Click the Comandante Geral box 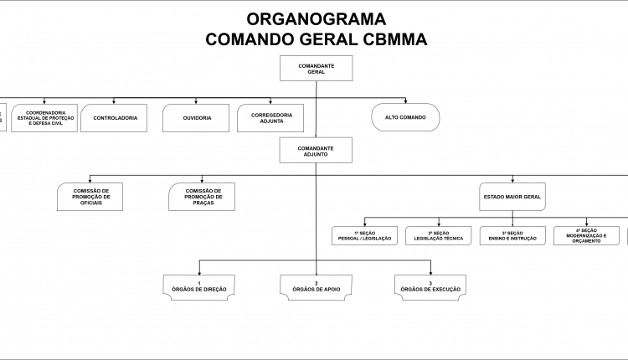coord(316,68)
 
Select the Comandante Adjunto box coord(316,151)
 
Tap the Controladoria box coord(115,118)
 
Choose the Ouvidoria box coord(197,118)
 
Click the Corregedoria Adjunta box coord(271,118)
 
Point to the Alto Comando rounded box coord(405,118)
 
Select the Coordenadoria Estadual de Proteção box coord(46,118)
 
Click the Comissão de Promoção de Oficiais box coord(91,198)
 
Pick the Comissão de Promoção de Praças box coord(202,198)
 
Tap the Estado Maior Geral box coord(512,198)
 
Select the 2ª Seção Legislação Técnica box coord(439,236)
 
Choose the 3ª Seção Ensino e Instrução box coord(512,236)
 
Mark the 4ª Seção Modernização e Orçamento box coord(586,236)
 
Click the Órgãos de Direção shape coord(199,286)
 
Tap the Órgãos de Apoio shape coord(316,286)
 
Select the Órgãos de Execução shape coord(430,286)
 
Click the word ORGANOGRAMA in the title coord(317,18)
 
